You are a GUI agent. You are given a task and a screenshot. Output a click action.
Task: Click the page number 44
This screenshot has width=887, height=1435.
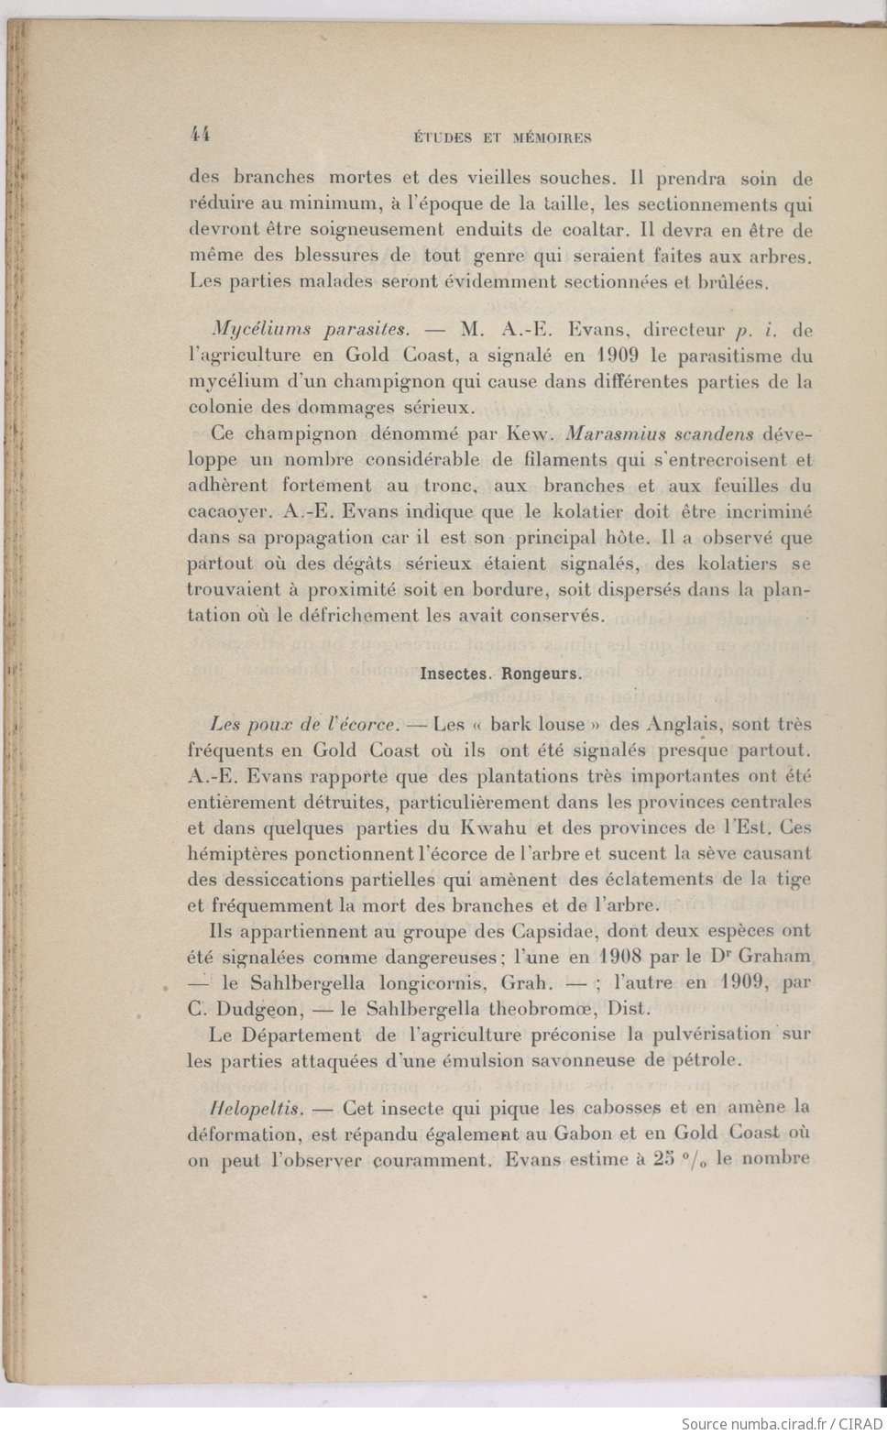[200, 134]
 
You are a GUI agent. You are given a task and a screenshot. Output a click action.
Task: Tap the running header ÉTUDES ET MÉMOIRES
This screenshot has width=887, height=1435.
[502, 138]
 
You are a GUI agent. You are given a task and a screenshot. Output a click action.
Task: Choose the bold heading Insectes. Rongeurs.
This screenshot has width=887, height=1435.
[500, 674]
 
